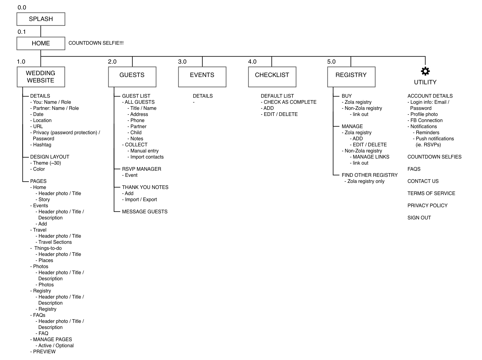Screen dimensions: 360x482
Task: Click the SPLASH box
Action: tap(41, 19)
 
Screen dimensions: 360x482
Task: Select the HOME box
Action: tap(41, 43)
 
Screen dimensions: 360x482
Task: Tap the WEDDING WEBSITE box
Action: tap(41, 77)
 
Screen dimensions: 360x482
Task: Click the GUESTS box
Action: tap(132, 77)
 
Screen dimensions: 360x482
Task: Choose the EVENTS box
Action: tap(202, 77)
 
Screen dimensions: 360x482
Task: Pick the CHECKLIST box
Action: tap(272, 77)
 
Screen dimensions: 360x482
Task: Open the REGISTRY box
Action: tap(351, 77)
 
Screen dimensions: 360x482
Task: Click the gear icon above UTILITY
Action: tap(425, 71)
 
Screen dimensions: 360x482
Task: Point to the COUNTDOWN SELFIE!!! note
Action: tap(96, 43)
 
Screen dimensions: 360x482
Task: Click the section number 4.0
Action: tap(252, 62)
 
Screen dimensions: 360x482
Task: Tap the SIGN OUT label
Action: tap(419, 218)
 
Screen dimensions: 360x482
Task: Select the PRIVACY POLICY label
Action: tap(427, 206)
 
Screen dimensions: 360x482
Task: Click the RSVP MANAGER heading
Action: tap(141, 169)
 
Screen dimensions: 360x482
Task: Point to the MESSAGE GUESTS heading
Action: tap(145, 212)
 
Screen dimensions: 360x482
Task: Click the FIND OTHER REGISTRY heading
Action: tap(369, 175)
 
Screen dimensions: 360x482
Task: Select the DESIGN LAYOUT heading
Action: tap(50, 157)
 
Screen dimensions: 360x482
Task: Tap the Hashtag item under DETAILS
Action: tap(42, 145)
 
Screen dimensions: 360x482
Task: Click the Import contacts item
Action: tap(147, 157)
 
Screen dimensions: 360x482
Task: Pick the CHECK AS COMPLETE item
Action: tap(290, 102)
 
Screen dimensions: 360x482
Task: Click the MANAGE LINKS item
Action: tap(371, 157)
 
